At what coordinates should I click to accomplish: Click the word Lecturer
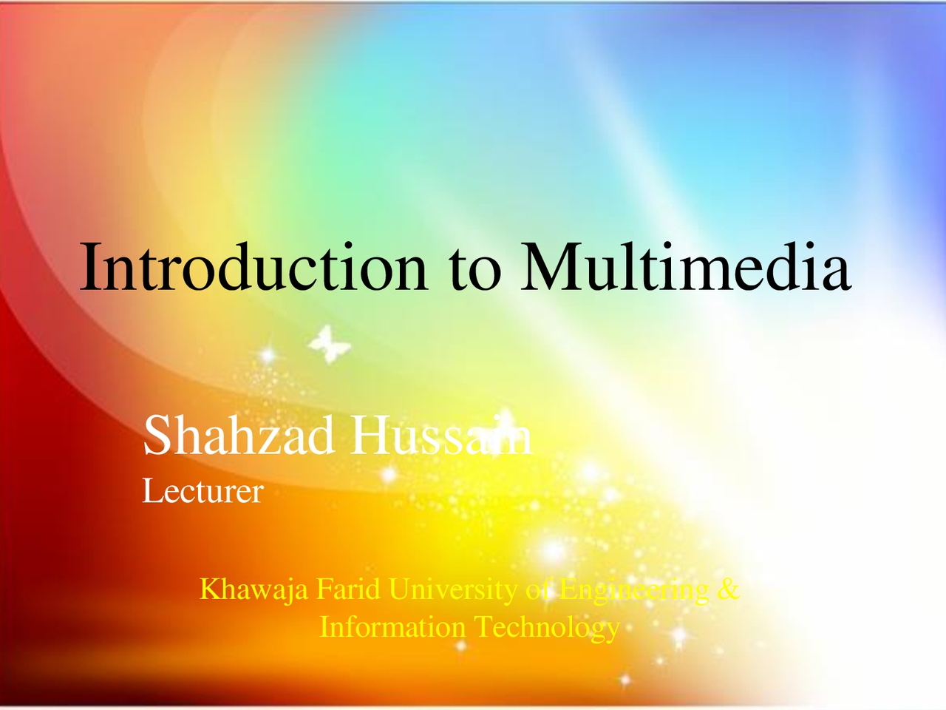click(x=203, y=491)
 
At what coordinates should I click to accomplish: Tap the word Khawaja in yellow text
click(x=253, y=590)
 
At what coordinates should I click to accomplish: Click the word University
click(x=453, y=590)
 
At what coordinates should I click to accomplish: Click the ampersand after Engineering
click(x=728, y=589)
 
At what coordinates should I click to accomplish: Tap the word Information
click(x=392, y=627)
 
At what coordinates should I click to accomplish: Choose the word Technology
click(x=546, y=628)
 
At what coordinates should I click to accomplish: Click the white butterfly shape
click(x=329, y=345)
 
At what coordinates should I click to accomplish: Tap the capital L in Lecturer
click(x=150, y=491)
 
